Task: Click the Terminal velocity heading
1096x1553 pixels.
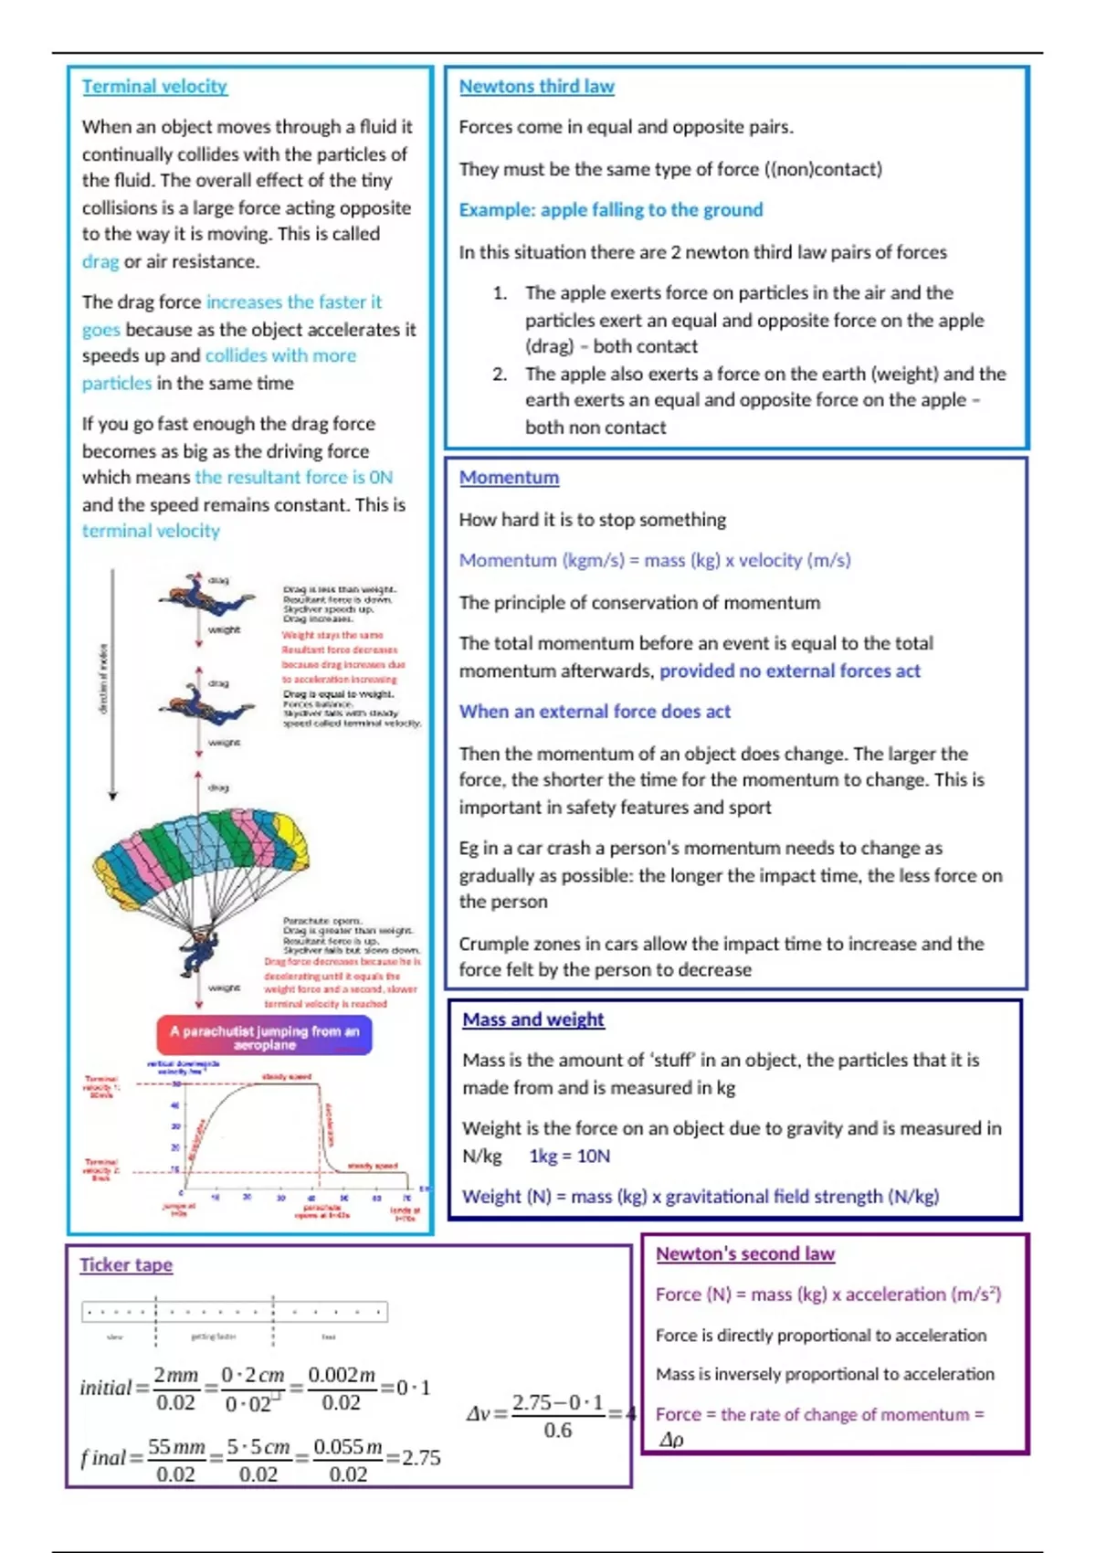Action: click(x=154, y=86)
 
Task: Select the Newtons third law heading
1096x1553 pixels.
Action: click(x=536, y=86)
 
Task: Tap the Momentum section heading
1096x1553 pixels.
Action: click(x=509, y=477)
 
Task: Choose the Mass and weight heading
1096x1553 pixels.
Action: click(x=532, y=1019)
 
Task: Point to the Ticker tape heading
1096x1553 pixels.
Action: click(x=126, y=1264)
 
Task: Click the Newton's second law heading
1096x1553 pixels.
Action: click(x=745, y=1253)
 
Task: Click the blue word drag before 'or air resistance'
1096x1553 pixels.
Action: click(x=100, y=261)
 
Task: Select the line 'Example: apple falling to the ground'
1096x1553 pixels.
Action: click(x=611, y=209)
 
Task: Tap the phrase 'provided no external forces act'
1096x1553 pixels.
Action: click(x=790, y=671)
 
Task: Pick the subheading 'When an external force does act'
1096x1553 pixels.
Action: click(x=595, y=711)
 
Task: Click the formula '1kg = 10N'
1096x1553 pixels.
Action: click(x=569, y=1156)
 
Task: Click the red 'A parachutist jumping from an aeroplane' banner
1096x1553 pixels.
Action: click(x=264, y=1036)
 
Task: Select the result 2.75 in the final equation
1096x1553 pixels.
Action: click(x=421, y=1457)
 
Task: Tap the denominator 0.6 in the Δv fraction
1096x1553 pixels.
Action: click(x=557, y=1430)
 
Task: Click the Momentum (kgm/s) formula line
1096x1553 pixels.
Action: click(x=655, y=560)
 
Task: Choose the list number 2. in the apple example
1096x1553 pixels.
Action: click(x=500, y=374)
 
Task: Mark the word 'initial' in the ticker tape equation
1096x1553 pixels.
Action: click(x=105, y=1388)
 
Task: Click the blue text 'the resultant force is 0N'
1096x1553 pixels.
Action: click(x=293, y=477)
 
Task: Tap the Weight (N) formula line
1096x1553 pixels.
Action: click(x=701, y=1196)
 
